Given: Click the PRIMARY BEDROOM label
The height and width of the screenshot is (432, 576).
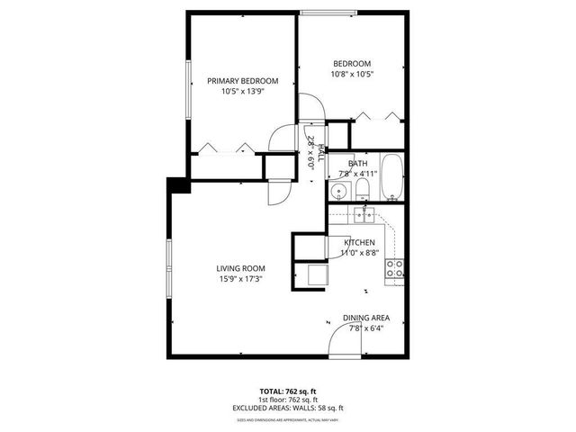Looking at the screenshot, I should tap(242, 80).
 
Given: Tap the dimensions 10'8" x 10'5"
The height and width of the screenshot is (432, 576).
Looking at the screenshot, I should tap(353, 74).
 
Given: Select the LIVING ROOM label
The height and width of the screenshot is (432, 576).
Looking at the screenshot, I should tap(239, 268).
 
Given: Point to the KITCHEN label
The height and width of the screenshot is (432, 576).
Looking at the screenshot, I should tap(360, 242).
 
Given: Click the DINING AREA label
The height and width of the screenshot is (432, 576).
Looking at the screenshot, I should tap(365, 319).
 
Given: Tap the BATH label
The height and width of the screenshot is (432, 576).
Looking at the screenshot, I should tap(358, 163).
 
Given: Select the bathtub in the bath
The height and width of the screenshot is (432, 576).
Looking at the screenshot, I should tap(393, 176).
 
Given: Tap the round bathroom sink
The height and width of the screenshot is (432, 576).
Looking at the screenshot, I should tap(339, 191).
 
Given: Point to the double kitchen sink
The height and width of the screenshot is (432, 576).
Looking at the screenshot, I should tap(364, 214).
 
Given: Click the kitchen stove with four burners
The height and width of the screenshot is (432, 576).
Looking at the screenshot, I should tap(394, 267).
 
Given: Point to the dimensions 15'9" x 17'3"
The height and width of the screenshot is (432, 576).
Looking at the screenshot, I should tap(239, 280).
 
